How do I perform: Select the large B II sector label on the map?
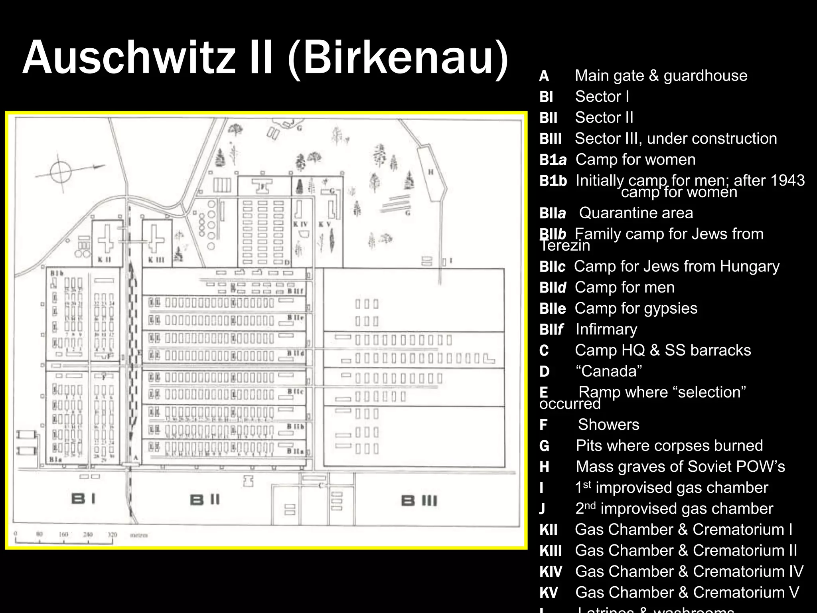[205, 500]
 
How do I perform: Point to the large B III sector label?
[419, 500]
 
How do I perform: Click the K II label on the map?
[105, 260]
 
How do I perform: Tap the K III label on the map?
[156, 260]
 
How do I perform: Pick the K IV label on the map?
[300, 224]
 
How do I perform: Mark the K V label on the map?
[324, 224]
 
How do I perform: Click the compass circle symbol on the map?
[61, 172]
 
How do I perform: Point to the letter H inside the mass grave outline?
[431, 172]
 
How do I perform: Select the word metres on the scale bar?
[139, 535]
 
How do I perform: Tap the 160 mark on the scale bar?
[63, 534]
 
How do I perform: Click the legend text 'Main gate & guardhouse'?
[661, 75]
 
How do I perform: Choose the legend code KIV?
[551, 571]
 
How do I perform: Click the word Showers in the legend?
[608, 425]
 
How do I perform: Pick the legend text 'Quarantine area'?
[636, 213]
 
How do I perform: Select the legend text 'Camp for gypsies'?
[636, 308]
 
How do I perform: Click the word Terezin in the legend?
[565, 245]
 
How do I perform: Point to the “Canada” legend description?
[608, 371]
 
